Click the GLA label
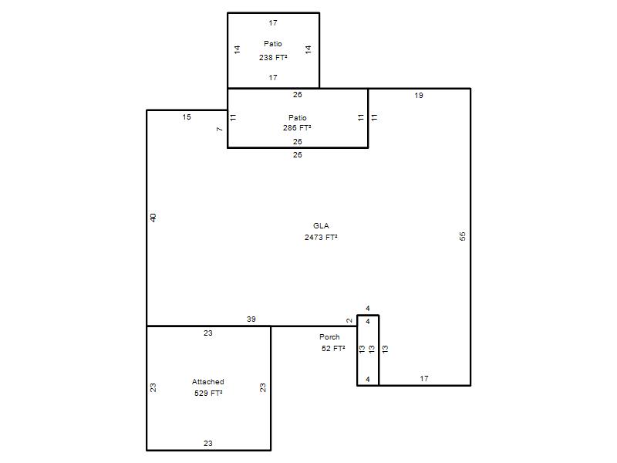[321, 225]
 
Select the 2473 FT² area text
[321, 237]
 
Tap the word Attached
[208, 381]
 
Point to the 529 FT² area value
[208, 393]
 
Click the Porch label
[330, 336]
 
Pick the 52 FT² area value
[333, 348]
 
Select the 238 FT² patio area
[273, 57]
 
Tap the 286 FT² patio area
[297, 127]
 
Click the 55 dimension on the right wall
[463, 236]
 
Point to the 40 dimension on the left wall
[153, 218]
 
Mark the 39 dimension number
[251, 319]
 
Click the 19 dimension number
[419, 95]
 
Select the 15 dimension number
[187, 117]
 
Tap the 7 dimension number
[220, 129]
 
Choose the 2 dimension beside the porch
[349, 320]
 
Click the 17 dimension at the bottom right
[424, 378]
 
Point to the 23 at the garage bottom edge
[208, 443]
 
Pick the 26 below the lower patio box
[298, 155]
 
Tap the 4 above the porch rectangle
[368, 308]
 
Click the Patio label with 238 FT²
[273, 44]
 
